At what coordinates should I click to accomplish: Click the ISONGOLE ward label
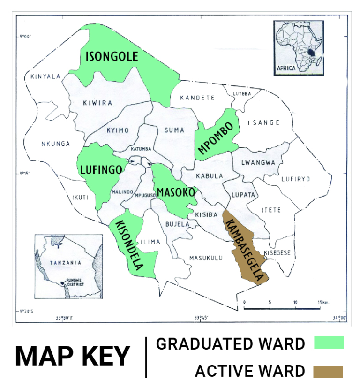[112, 57]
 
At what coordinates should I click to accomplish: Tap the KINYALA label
[45, 76]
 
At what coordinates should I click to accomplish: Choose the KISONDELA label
[129, 245]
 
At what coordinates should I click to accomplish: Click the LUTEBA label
[242, 94]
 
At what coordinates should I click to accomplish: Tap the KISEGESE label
[277, 253]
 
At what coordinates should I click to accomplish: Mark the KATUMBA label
[141, 149]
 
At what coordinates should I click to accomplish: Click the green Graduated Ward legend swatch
[329, 342]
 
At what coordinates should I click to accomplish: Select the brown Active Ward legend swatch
[328, 372]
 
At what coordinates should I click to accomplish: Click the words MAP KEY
[73, 356]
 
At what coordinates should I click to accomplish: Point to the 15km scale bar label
[321, 302]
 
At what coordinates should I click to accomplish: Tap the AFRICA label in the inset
[286, 68]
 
